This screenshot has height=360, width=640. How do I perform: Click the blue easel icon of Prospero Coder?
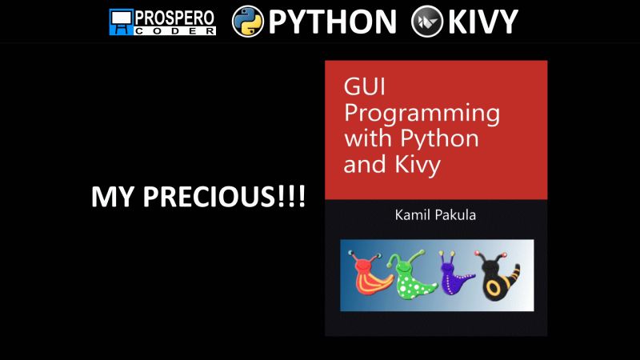coord(122,22)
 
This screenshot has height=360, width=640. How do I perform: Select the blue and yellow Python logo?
coord(247,22)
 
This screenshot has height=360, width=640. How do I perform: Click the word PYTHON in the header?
coord(332,22)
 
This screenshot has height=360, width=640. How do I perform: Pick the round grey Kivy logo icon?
coord(426,22)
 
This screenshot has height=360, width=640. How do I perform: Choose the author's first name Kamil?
coord(399,217)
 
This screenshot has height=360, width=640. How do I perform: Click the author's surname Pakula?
coord(458,217)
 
